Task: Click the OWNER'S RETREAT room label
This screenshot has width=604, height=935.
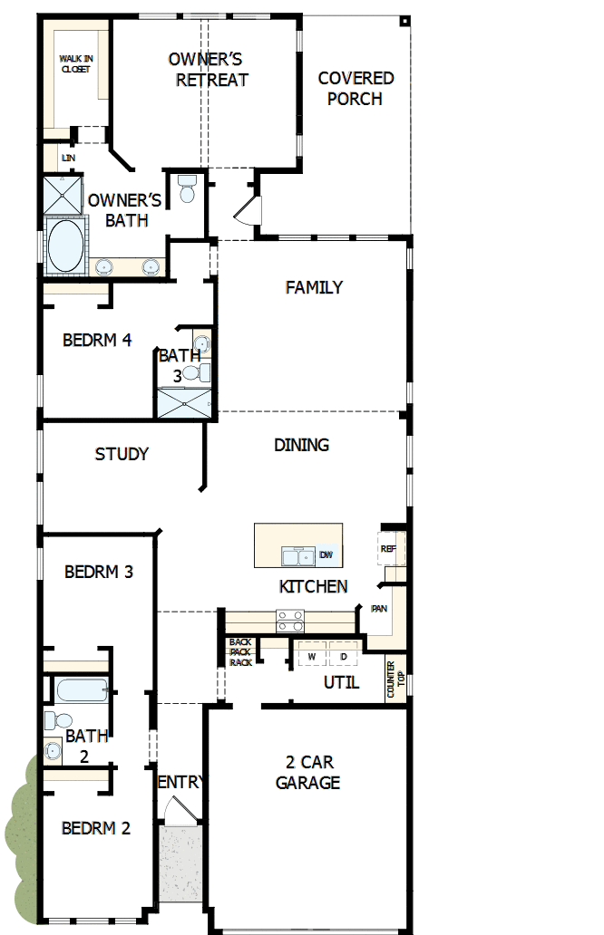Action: point(206,70)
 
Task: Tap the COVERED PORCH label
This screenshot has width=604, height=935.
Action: point(356,89)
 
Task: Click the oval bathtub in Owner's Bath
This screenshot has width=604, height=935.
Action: point(63,246)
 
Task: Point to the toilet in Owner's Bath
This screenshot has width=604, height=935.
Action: point(188,188)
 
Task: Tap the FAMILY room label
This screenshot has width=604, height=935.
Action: point(314,287)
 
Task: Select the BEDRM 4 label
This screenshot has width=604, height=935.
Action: point(97,341)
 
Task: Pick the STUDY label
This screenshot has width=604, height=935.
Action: point(122,454)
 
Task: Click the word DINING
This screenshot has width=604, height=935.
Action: point(301,445)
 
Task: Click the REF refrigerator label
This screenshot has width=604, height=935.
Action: point(388,549)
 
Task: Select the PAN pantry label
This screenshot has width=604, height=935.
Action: point(379,609)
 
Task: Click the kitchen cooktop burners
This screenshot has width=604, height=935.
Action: point(290,621)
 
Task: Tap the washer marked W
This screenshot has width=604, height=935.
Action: point(311,655)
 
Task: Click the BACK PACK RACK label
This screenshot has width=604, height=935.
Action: point(240,652)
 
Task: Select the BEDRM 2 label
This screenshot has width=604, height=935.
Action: point(96,828)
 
